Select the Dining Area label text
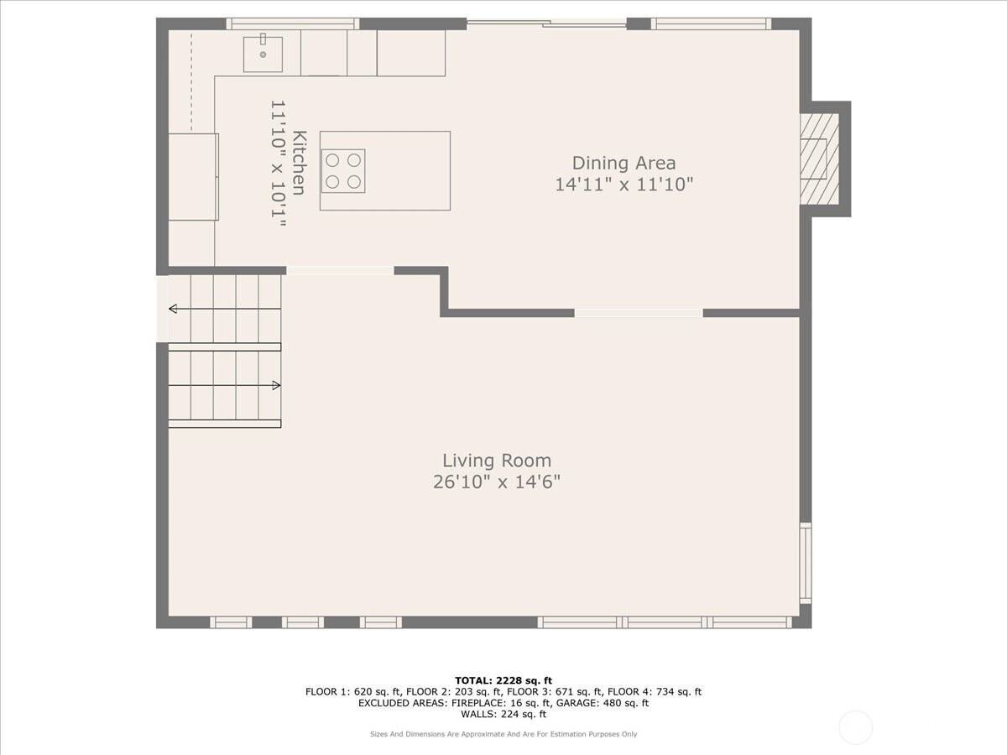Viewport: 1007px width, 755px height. pos(624,163)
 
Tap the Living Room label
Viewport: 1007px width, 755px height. pos(497,461)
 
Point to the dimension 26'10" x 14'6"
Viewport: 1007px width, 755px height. pos(497,482)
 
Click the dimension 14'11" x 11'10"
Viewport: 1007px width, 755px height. pos(624,185)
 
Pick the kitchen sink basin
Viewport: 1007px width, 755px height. pos(263,54)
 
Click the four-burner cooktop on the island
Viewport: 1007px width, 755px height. pos(343,170)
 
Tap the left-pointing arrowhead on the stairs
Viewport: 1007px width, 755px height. pos(173,309)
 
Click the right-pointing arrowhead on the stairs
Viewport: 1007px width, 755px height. pos(276,385)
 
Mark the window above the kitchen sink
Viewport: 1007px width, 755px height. pos(292,23)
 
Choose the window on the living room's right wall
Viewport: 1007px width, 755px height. pos(806,562)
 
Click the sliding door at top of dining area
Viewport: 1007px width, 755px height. pos(546,23)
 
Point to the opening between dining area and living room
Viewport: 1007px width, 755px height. pos(638,313)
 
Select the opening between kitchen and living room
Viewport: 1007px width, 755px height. pos(340,270)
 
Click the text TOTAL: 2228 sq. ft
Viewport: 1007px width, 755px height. pos(503,680)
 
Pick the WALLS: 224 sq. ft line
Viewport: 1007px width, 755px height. pos(503,715)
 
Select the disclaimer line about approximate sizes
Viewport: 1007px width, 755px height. pos(503,734)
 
